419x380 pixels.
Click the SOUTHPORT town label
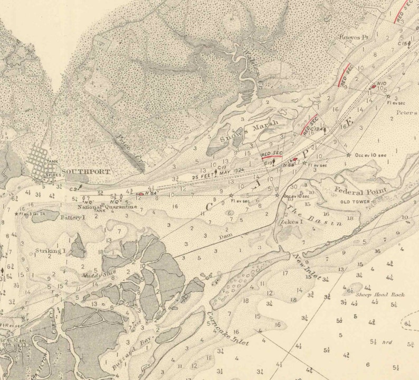86,172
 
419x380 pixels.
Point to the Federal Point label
361,190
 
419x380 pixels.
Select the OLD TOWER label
354,201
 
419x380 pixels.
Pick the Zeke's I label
290,222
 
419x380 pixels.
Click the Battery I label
72,217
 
